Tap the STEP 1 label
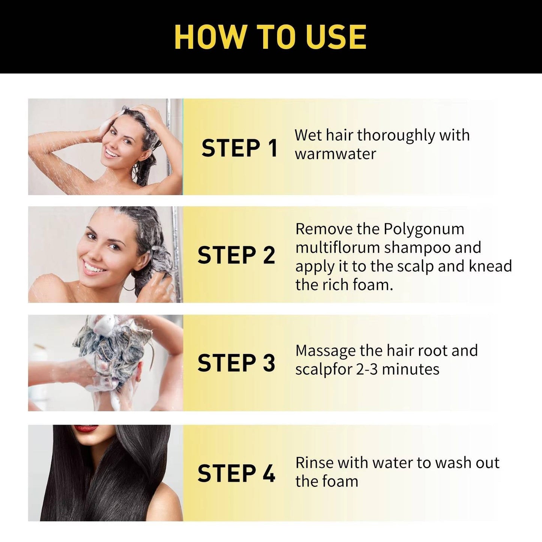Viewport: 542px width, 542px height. point(239,148)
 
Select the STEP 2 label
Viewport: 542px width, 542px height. point(236,255)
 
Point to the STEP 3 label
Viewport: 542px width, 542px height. point(236,363)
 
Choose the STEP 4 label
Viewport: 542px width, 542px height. point(236,473)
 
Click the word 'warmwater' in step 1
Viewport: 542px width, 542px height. point(335,154)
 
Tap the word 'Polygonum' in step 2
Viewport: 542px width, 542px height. point(424,229)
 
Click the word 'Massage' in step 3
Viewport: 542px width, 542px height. point(325,351)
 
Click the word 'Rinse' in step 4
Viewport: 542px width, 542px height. point(314,462)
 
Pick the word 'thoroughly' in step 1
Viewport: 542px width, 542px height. point(396,136)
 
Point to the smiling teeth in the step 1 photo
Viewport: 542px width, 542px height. point(111,153)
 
